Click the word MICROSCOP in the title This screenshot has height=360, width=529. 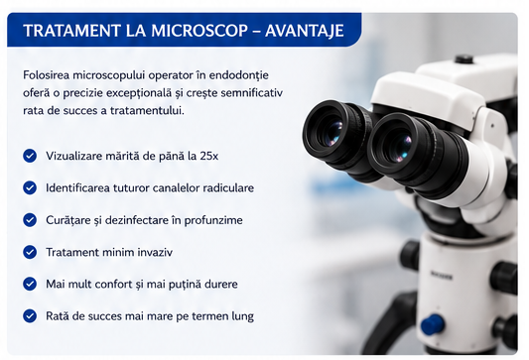pyautogui.click(x=199, y=31)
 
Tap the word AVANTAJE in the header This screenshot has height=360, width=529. pyautogui.click(x=305, y=31)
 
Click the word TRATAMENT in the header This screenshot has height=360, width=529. pyautogui.click(x=71, y=31)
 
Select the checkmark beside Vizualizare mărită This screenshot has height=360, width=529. pyautogui.click(x=30, y=156)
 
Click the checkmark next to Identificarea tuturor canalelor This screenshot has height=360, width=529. pyautogui.click(x=30, y=187)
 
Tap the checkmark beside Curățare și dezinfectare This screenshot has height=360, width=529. pyautogui.click(x=30, y=220)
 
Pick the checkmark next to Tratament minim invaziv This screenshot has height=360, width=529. pyautogui.click(x=30, y=252)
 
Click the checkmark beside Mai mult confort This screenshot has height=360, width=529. pyautogui.click(x=30, y=284)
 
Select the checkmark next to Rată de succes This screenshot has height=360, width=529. pyautogui.click(x=30, y=315)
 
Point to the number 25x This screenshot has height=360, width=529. pyautogui.click(x=208, y=156)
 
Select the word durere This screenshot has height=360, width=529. pyautogui.click(x=222, y=285)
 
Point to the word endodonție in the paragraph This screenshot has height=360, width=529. pyautogui.click(x=238, y=75)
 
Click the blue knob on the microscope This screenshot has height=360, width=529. pyautogui.click(x=432, y=324)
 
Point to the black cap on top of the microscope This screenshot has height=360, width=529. pyautogui.click(x=463, y=60)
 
